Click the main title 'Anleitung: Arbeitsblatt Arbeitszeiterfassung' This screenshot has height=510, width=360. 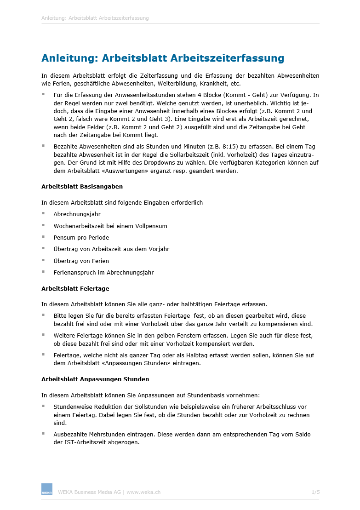pos(163,58)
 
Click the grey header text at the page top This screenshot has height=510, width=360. pos(95,18)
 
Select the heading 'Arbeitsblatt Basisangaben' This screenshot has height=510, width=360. pos(82,187)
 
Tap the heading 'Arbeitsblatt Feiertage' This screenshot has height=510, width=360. pos(75,288)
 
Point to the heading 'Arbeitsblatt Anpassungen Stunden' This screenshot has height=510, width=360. pos(95,379)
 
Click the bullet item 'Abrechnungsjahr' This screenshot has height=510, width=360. pos(77,214)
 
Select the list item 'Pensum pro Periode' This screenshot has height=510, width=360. pos(81,238)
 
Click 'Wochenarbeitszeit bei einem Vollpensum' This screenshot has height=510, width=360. pos(110,226)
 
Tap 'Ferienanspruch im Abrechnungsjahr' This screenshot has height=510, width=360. pos(103,272)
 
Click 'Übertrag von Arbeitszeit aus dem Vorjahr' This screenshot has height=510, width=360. pos(111,249)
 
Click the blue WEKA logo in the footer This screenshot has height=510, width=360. pos(47,489)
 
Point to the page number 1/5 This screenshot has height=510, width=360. pos(315,492)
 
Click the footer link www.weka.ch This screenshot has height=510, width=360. pos(143,492)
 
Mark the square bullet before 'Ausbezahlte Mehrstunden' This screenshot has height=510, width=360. pos(43,434)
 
